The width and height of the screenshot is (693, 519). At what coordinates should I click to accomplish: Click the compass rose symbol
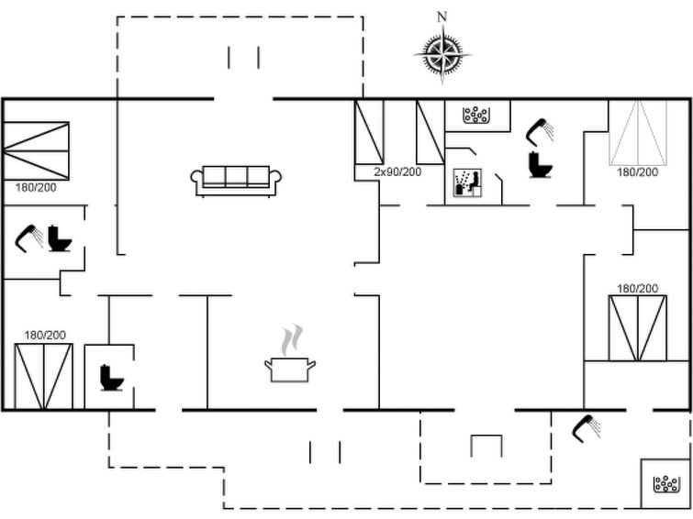(x=442, y=55)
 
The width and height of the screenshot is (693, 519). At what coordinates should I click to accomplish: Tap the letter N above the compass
(x=442, y=17)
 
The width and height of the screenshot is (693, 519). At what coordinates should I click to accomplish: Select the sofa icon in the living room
(x=236, y=181)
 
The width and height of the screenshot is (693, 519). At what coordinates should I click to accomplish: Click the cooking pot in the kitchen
(x=290, y=370)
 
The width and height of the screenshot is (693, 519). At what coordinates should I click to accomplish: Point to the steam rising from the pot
(x=292, y=339)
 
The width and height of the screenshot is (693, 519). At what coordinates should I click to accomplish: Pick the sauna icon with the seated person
(x=467, y=182)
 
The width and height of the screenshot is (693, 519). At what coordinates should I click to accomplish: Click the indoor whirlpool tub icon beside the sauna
(x=475, y=115)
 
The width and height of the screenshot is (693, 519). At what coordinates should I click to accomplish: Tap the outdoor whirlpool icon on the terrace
(x=666, y=483)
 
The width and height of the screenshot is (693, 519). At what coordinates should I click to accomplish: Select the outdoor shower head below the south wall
(x=586, y=427)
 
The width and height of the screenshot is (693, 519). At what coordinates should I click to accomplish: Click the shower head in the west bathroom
(x=28, y=238)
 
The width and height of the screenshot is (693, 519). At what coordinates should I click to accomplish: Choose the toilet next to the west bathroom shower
(x=60, y=238)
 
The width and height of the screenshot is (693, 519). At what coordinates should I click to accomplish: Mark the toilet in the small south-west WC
(x=111, y=378)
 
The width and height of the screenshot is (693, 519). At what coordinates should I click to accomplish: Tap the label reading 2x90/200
(x=397, y=171)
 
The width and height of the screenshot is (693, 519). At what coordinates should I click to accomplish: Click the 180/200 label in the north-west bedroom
(x=36, y=188)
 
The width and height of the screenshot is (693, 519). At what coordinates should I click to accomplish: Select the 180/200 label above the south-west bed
(x=45, y=336)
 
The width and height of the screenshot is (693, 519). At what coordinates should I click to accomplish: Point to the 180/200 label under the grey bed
(x=637, y=171)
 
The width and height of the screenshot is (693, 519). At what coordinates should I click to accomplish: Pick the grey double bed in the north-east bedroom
(x=638, y=133)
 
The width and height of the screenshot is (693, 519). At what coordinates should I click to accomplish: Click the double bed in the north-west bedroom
(x=36, y=151)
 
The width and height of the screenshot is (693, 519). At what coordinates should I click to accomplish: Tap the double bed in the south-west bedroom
(x=43, y=377)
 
